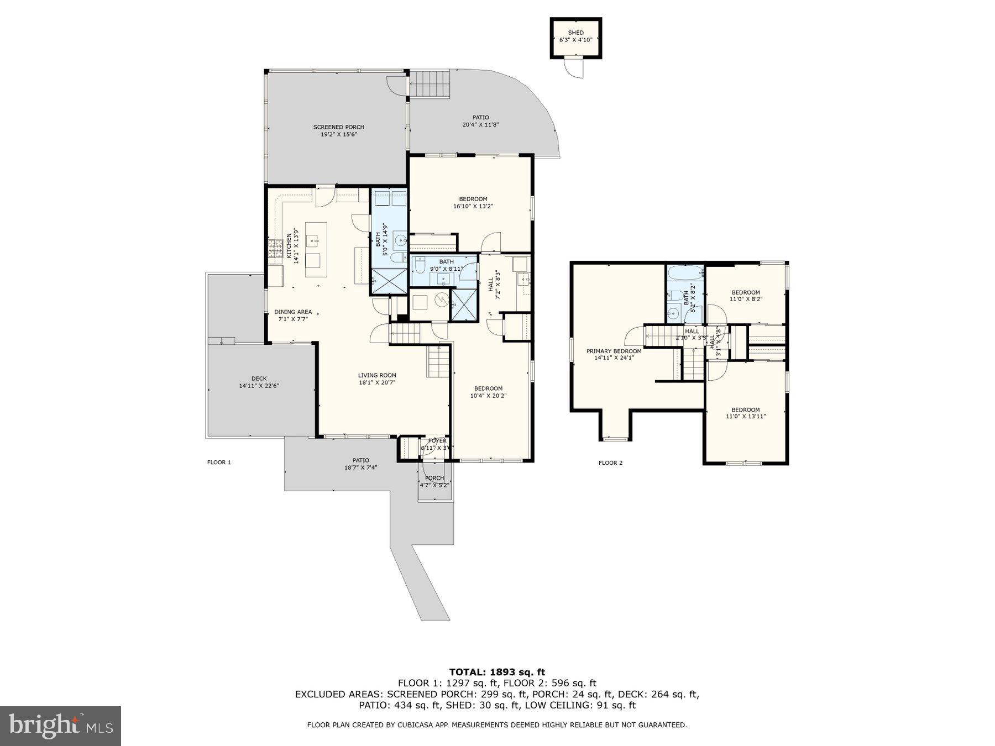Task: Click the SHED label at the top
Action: tap(575, 33)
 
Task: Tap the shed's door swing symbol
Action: tap(573, 68)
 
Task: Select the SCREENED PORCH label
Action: tap(338, 127)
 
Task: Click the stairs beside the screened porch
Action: tap(430, 84)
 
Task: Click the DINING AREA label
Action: tap(293, 312)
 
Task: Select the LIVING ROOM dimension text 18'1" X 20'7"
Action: tap(377, 382)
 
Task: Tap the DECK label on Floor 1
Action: tap(259, 379)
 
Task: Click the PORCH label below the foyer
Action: tap(434, 478)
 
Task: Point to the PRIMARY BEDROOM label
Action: tap(614, 351)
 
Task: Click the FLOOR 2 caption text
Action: tap(610, 463)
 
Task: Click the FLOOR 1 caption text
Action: tap(219, 463)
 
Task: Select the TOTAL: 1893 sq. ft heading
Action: tap(497, 672)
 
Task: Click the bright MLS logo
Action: tap(60, 726)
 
